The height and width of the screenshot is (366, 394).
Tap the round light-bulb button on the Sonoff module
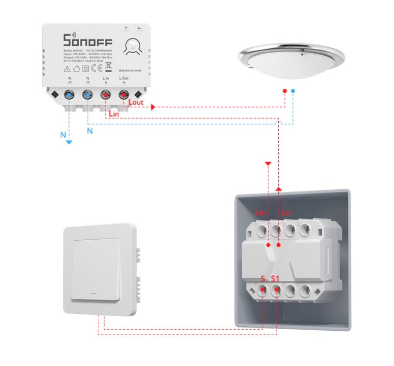[x=133, y=48]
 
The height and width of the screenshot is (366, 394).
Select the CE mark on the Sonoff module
[x=97, y=68]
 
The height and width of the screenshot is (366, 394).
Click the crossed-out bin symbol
[x=108, y=68]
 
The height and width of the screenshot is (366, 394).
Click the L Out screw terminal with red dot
[x=124, y=96]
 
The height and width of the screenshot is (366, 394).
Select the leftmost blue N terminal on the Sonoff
[x=70, y=96]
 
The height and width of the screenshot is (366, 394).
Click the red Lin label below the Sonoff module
[x=114, y=114]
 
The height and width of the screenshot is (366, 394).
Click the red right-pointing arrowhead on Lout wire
[x=153, y=107]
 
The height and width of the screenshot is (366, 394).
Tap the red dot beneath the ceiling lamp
[x=284, y=91]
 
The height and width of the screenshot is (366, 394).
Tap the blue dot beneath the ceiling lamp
[x=293, y=91]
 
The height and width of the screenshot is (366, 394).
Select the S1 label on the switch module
[x=276, y=279]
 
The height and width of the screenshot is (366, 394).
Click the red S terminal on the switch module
[x=263, y=290]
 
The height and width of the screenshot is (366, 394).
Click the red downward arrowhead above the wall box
[x=267, y=163]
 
